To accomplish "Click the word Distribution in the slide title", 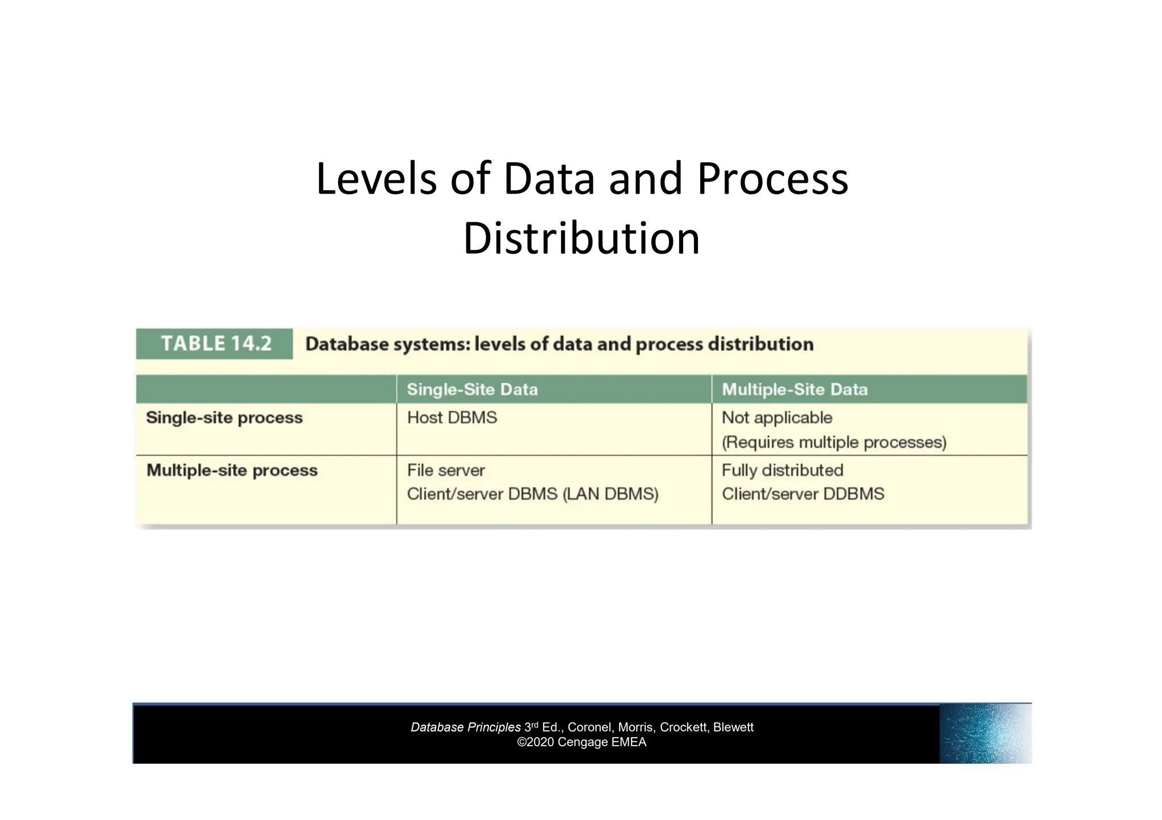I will [582, 238].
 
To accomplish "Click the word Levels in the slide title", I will [376, 179].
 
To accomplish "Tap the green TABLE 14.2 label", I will [216, 344].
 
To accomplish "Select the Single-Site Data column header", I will [472, 389].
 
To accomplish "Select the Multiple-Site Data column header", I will [794, 389].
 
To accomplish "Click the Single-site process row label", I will [224, 418].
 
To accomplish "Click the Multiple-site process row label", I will [231, 470].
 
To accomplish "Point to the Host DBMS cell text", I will [452, 418].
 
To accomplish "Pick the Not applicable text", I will [777, 418].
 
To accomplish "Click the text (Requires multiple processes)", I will [834, 442].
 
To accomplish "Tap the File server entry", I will [446, 470].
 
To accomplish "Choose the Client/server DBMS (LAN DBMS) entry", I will [533, 494].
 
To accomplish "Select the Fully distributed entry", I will [782, 470].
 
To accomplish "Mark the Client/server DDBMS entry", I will [803, 494].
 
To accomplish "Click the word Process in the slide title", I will [772, 179].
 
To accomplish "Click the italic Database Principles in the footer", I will [466, 728].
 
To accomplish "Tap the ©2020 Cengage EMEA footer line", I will [582, 742].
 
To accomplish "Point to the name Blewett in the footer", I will [733, 728].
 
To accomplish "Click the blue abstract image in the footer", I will [985, 734].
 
